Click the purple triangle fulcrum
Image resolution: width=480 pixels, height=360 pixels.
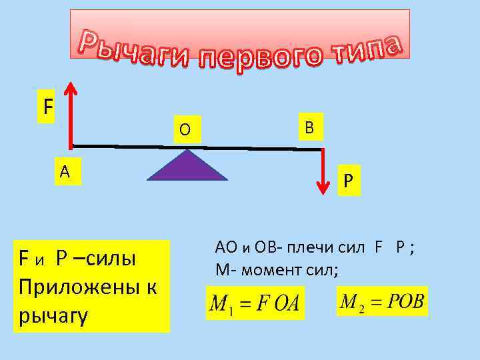coord(187,168)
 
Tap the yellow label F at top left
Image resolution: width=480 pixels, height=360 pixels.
coord(46,106)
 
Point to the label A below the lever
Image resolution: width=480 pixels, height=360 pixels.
coord(65,171)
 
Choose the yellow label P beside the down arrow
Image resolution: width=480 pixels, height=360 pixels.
coord(348,182)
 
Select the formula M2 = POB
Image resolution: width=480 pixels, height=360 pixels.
coord(382,301)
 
